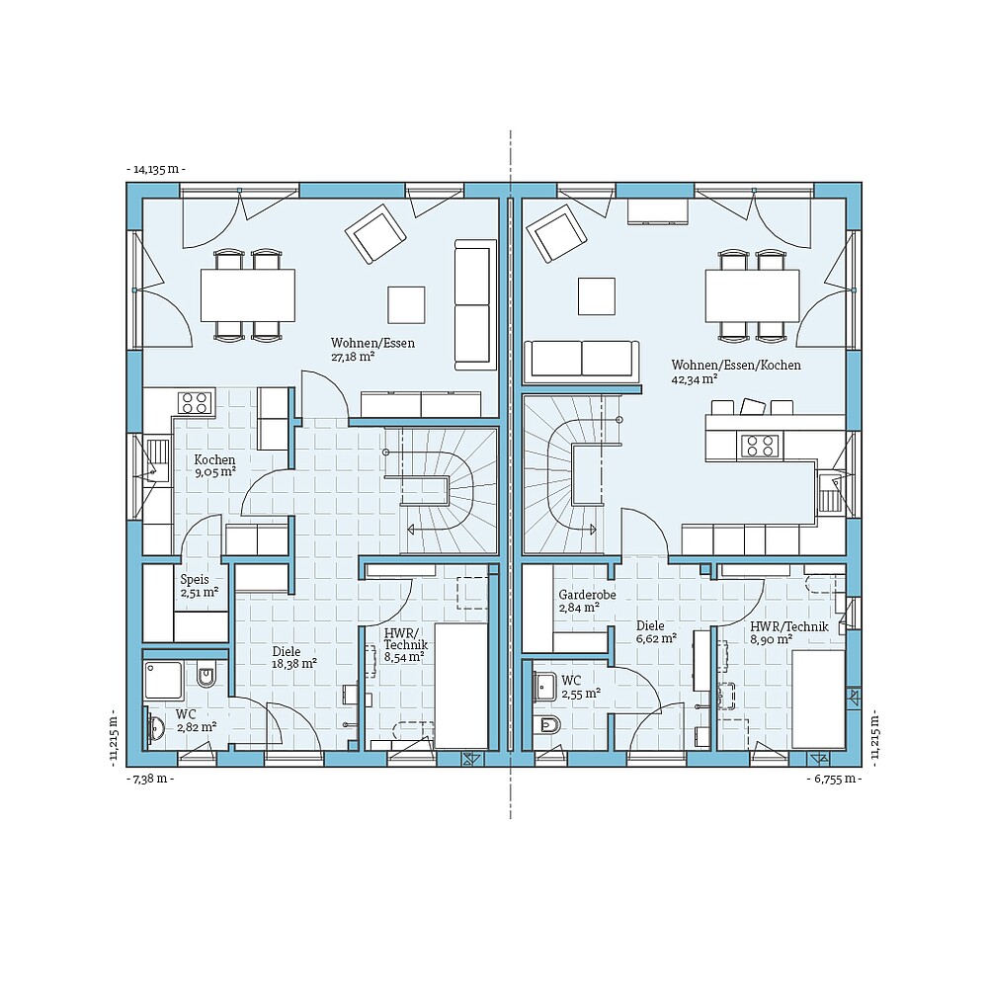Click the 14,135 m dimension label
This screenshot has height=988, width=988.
coord(156,170)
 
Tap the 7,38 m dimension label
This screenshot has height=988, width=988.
coord(150,780)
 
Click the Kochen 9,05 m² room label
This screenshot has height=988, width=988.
coord(214,465)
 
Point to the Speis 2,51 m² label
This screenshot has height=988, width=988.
coord(199,586)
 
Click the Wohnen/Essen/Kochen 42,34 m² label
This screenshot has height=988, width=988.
coord(736,370)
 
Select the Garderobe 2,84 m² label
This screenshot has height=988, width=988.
coord(579,602)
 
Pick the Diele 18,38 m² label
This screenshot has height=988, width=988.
coord(294,657)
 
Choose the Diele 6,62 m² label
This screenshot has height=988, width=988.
coord(656,631)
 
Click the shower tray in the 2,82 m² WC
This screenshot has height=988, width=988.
coord(164,680)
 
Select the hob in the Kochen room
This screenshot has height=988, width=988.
coord(195,402)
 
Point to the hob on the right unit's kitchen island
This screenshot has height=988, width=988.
coord(759,447)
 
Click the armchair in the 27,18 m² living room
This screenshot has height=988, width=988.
coord(375,233)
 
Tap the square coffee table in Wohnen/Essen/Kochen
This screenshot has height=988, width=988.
coord(597,295)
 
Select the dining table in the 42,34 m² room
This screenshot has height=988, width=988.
coord(752,295)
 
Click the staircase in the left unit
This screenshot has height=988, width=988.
coord(440,491)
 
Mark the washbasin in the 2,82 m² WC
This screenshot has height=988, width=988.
coord(156,729)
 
